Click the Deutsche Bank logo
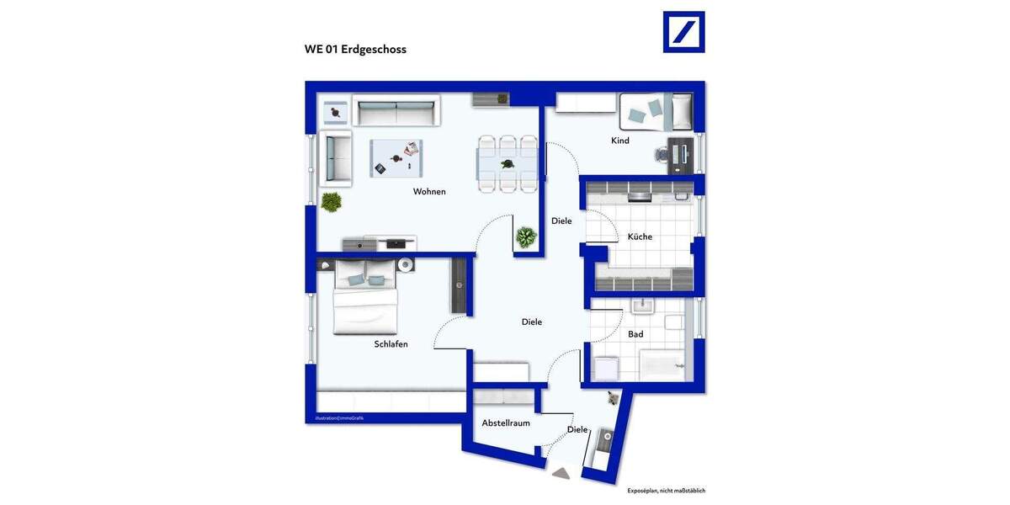[x=683, y=32]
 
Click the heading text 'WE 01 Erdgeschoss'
[x=355, y=50]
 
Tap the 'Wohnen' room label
[x=429, y=192]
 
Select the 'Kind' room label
[x=620, y=141]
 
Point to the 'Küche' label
[x=640, y=237]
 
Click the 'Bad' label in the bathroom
[x=635, y=334]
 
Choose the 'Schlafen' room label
[x=391, y=344]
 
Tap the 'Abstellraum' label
[x=506, y=423]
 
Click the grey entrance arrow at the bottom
[x=561, y=474]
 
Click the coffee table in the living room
[x=396, y=158]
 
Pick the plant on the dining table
[x=508, y=164]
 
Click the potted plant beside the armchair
[x=331, y=202]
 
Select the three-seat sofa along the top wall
[x=396, y=111]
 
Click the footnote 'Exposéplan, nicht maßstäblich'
[x=666, y=490]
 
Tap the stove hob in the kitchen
[x=640, y=198]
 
